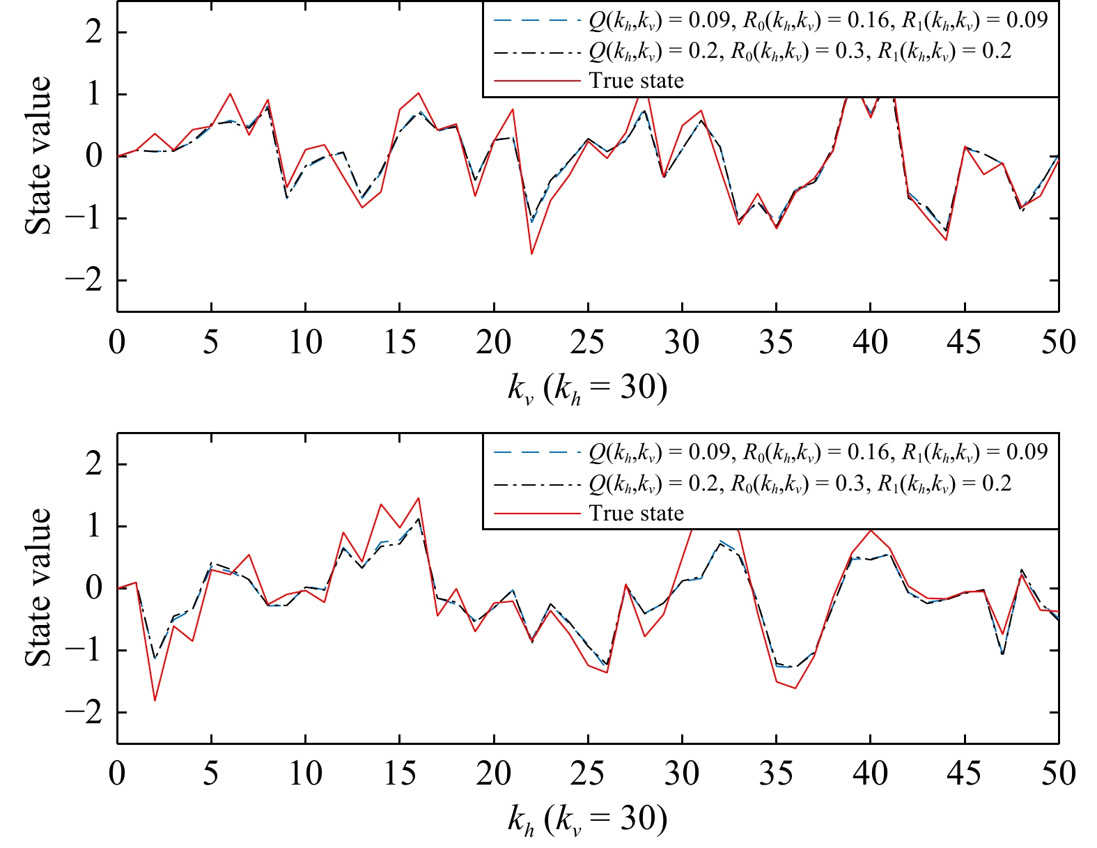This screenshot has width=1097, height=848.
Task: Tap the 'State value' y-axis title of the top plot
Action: (38, 155)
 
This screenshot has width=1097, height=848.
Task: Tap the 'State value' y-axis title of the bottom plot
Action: (38, 587)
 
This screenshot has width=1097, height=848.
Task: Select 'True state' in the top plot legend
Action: (636, 80)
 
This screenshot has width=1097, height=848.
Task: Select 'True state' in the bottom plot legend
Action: (636, 513)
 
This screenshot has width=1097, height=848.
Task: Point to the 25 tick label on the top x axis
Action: (588, 342)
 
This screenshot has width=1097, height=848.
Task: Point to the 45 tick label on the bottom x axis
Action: (964, 774)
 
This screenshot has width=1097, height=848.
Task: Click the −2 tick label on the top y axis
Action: (84, 280)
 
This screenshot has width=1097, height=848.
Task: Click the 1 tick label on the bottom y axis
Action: (94, 526)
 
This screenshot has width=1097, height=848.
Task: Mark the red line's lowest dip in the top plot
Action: (531, 254)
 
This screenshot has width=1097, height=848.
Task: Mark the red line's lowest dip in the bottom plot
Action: (155, 700)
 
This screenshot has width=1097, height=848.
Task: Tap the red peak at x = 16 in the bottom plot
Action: (419, 498)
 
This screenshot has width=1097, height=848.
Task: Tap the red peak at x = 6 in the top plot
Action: (231, 93)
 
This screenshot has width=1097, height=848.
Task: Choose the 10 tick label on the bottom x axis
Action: (306, 774)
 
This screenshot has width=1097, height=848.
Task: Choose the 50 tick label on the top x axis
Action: (1058, 342)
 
